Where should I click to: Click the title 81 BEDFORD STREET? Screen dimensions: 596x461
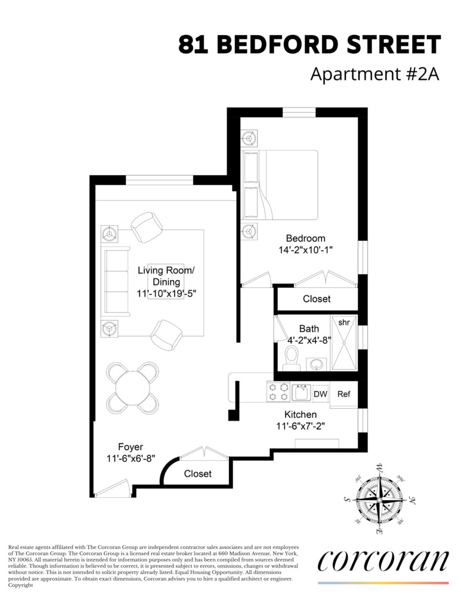pos(310,45)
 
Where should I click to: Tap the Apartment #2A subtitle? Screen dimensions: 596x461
pos(375,75)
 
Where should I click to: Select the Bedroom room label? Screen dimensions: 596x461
pos(305,238)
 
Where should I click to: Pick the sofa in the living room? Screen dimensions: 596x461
pos(117,280)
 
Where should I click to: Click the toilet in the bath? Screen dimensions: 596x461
pos(292,358)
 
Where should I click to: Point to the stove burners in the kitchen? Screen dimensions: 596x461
pos(278,392)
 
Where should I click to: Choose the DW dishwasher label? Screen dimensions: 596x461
pos(320,394)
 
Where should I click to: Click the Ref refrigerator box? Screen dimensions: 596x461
pos(344,395)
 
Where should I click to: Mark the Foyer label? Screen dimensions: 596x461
pos(131,447)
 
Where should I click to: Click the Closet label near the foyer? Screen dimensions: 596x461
pos(197,474)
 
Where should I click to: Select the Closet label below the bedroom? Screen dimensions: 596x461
pos(316,299)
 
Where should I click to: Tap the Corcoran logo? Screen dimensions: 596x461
pos(383,561)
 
